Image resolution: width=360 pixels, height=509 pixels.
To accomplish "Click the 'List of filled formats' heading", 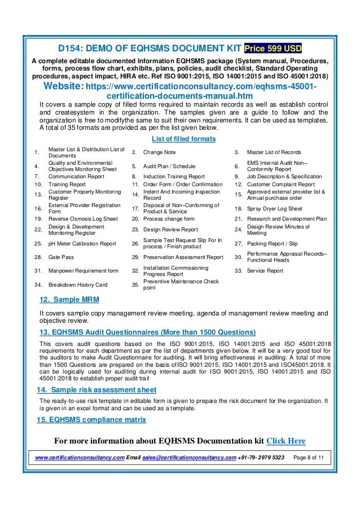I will pos(180,140).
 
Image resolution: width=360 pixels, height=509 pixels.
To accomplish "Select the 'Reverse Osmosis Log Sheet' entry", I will pos(83,218).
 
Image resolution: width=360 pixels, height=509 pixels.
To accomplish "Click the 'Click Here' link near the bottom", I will pos(286,441).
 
